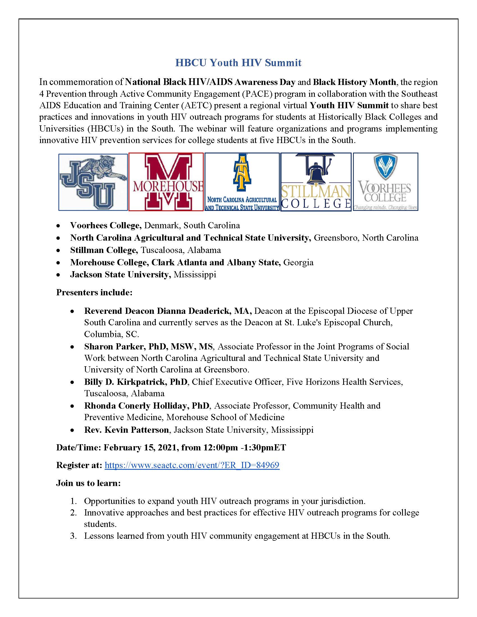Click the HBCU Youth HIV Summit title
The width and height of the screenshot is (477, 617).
238,63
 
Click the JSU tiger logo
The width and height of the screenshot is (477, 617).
93,182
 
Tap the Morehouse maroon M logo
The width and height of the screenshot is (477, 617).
166,182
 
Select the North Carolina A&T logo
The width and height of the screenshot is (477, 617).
242,182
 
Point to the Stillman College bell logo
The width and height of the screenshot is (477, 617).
316,182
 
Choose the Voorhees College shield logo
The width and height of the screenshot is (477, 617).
386,182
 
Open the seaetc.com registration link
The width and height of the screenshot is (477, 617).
192,465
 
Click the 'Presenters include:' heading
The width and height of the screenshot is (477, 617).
94,292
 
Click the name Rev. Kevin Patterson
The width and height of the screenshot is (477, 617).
126,430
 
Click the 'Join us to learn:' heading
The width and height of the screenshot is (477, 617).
88,483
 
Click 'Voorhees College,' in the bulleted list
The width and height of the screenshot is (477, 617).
106,225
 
